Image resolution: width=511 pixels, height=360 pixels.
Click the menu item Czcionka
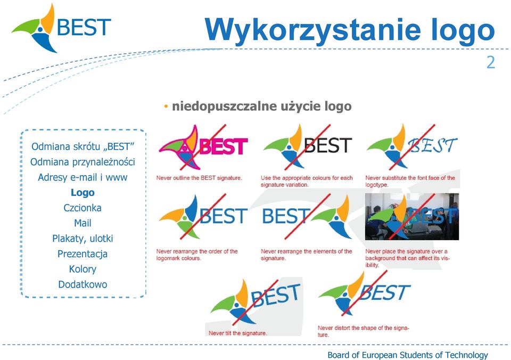[83, 208]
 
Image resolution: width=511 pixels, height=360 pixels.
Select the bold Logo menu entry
[83, 193]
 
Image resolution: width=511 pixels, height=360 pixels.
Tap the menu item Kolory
[83, 269]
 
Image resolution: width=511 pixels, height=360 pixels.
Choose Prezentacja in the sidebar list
[83, 253]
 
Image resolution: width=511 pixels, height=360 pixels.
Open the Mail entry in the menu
[83, 223]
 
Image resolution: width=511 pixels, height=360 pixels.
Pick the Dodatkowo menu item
[83, 284]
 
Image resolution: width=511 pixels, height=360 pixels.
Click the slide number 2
[490, 62]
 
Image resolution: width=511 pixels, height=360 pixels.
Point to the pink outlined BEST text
[224, 146]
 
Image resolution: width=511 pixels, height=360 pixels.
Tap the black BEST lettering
[328, 145]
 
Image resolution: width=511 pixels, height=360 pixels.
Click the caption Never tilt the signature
[237, 333]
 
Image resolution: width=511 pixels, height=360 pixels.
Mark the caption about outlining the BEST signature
[199, 178]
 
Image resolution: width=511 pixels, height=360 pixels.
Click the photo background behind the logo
[412, 217]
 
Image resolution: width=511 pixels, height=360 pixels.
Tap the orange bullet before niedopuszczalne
[166, 107]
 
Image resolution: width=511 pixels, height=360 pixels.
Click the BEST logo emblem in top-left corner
[34, 28]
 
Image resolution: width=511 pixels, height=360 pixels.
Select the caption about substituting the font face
[410, 181]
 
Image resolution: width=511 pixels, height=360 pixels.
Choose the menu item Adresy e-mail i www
[83, 177]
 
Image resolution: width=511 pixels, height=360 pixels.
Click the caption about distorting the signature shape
[364, 331]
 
